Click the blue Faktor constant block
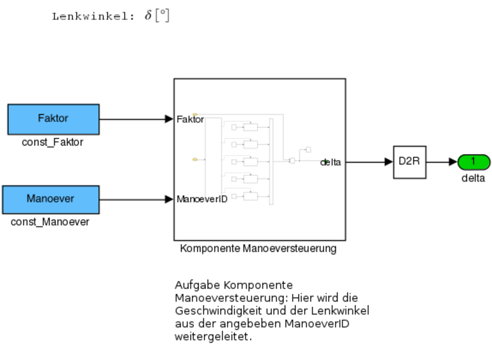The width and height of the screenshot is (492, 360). (x=53, y=119)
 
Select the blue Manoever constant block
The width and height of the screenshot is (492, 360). (x=51, y=199)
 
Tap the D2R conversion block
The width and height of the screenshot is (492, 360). (x=409, y=162)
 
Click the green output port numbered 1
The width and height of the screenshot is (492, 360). (x=473, y=162)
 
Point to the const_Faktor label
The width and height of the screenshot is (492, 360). (x=53, y=143)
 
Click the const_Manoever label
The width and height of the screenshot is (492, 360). (x=50, y=222)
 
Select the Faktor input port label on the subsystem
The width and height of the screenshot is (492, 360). (x=190, y=119)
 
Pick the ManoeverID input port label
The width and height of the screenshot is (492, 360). (x=202, y=200)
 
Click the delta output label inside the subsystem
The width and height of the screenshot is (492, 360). (x=331, y=162)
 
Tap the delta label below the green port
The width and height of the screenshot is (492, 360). (x=473, y=179)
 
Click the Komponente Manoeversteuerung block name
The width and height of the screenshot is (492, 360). (x=258, y=249)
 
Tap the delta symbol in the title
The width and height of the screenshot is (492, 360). (x=148, y=16)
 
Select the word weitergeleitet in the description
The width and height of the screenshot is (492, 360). (x=213, y=337)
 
